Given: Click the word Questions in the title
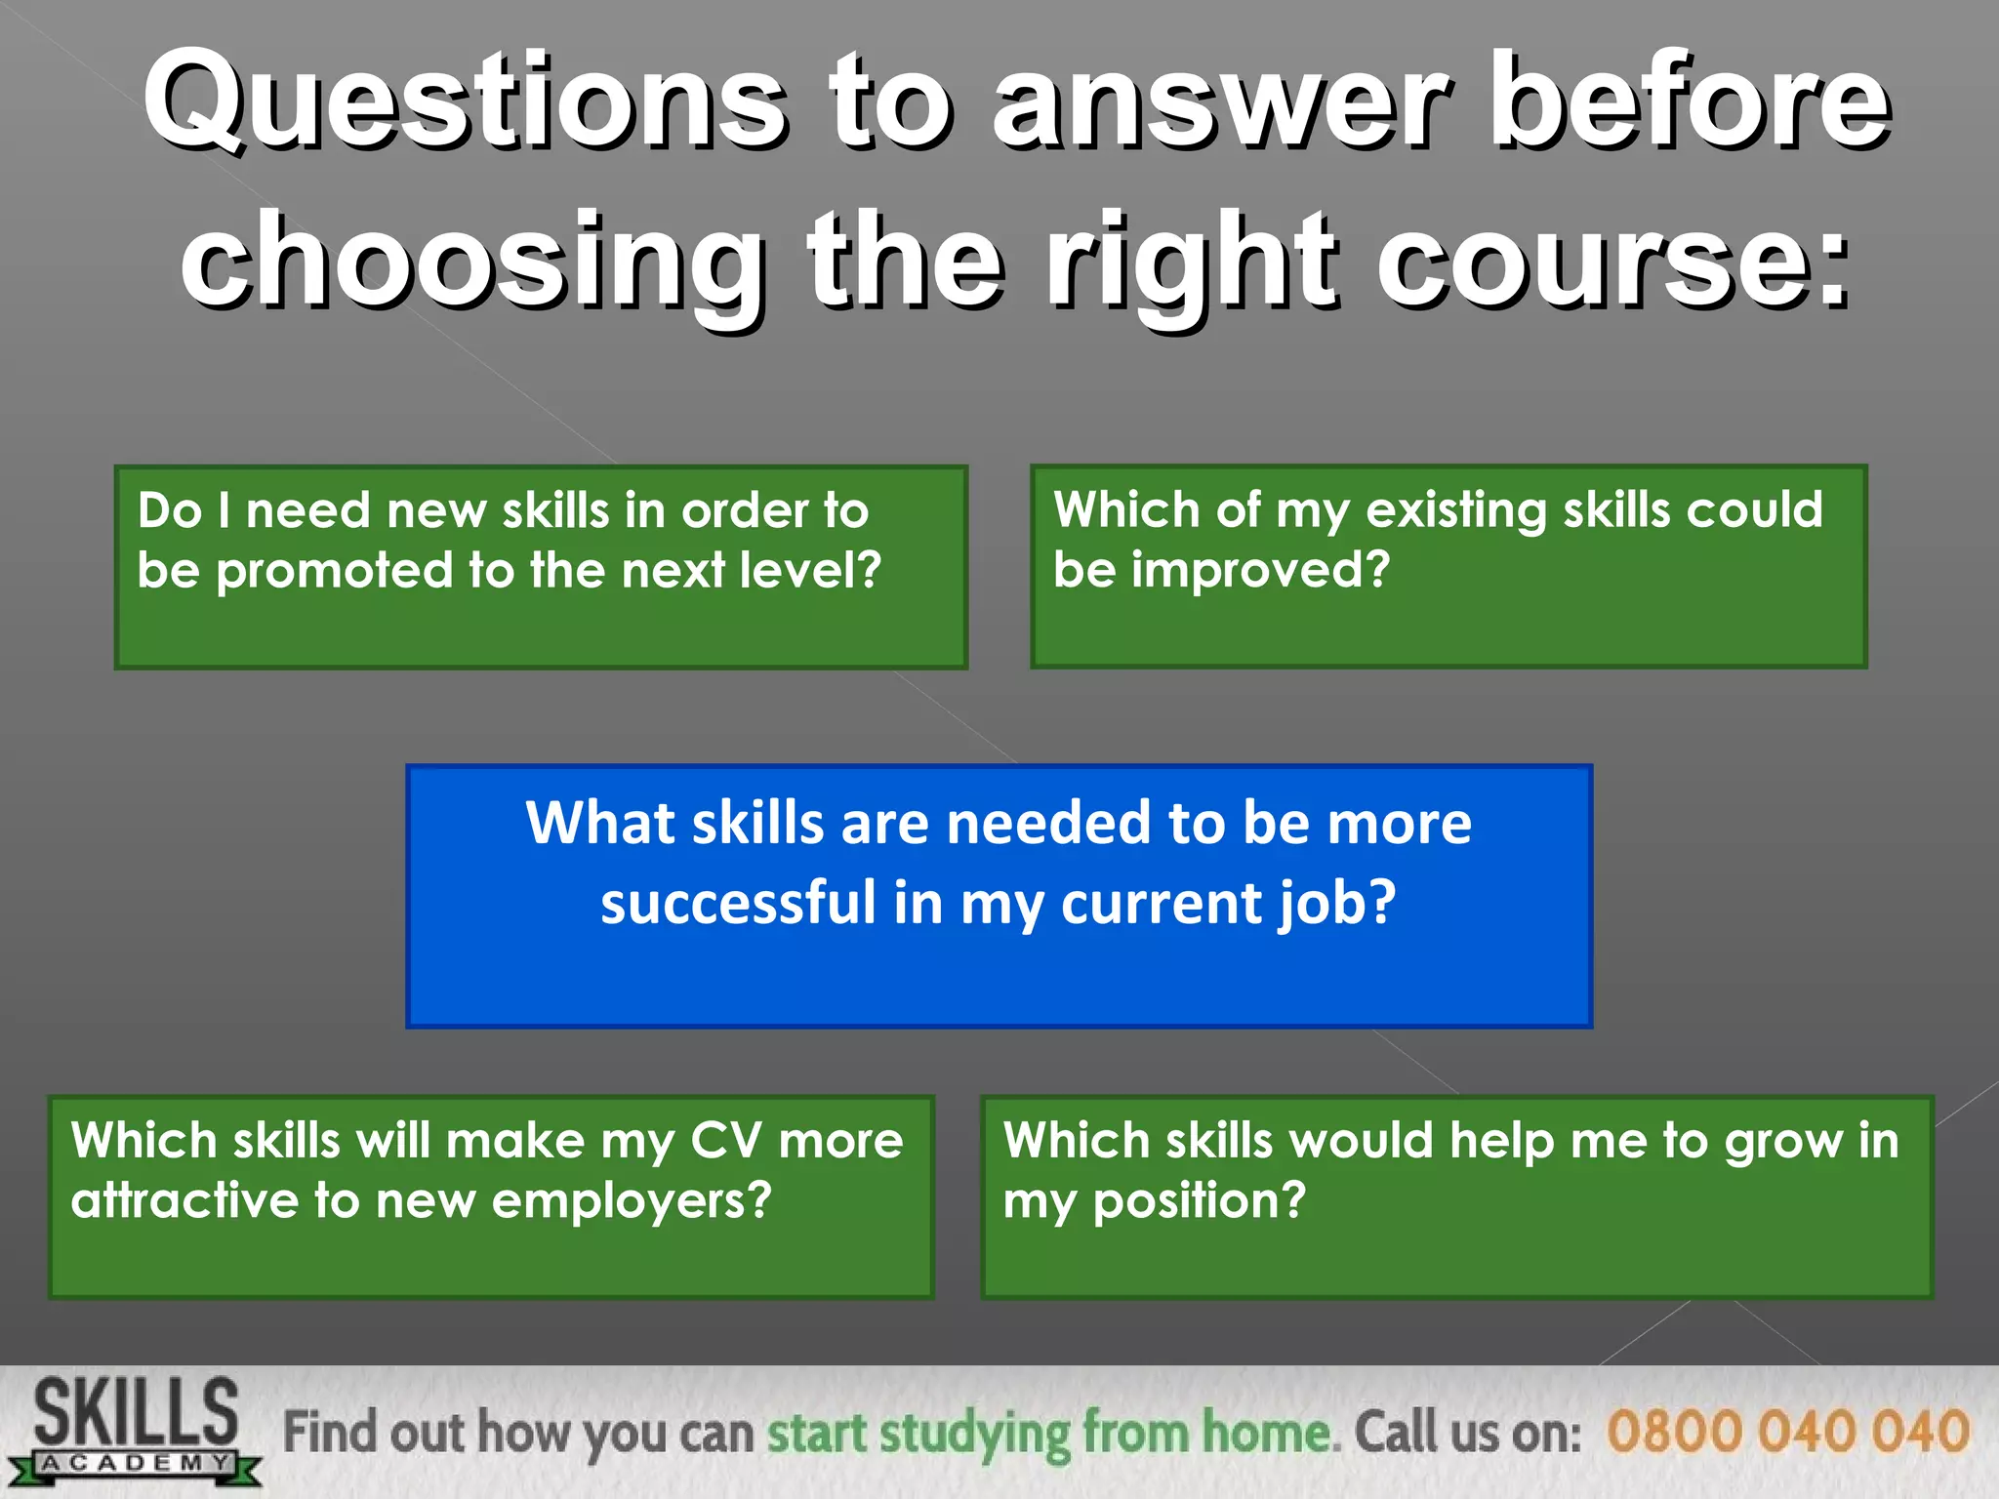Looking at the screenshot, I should click(464, 102).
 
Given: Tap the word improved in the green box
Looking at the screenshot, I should click(1259, 570).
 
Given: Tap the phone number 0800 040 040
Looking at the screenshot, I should click(1787, 1433).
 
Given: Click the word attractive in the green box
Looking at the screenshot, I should click(184, 1201).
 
